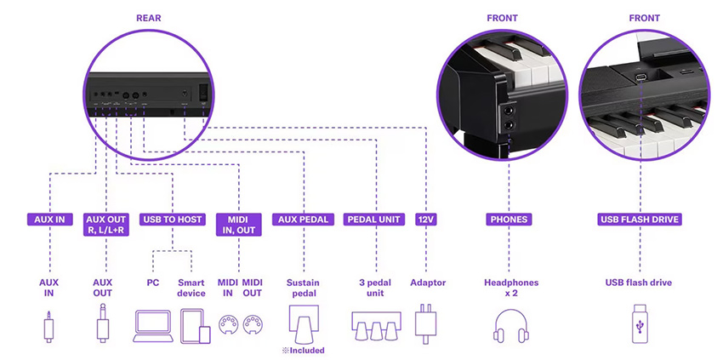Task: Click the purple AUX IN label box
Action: point(49,220)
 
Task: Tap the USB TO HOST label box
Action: point(173,220)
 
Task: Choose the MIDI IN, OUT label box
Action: point(238,224)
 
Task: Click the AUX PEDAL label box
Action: point(304,220)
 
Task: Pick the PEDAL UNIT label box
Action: point(374,220)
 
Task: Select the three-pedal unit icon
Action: point(374,324)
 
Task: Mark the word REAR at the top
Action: point(149,17)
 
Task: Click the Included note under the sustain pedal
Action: point(305,350)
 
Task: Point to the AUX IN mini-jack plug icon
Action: point(49,326)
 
